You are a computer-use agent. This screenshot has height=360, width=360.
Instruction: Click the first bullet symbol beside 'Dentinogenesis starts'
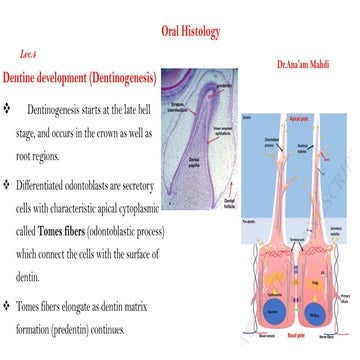tap(9, 105)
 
